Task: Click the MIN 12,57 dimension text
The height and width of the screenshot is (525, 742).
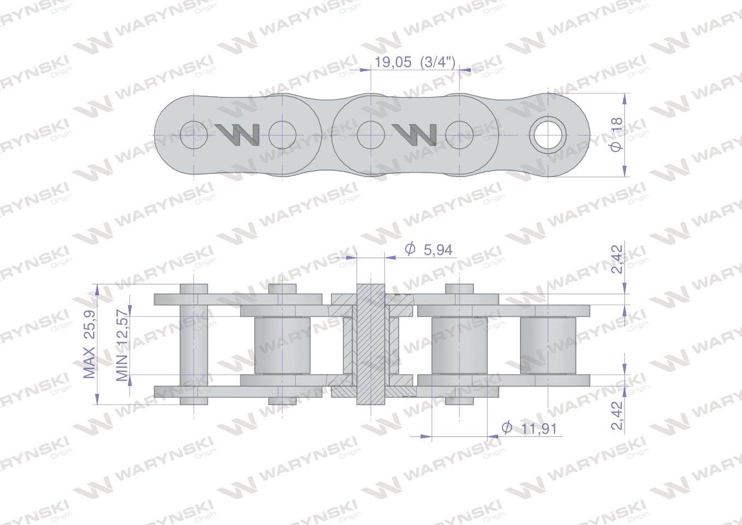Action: tap(122, 345)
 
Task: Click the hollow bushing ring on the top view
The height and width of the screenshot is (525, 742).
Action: tap(548, 135)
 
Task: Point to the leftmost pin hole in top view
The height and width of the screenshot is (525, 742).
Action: tap(194, 135)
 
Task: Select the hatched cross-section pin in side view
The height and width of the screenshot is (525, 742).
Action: tap(371, 345)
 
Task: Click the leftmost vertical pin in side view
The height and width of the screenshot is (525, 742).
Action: tap(194, 345)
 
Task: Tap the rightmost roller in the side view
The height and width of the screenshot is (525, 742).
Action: tap(548, 345)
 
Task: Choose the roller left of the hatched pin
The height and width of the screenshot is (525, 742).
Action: tap(282, 345)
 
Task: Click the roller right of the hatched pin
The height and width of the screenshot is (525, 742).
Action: tap(459, 345)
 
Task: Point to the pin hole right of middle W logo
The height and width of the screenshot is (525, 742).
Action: tap(459, 135)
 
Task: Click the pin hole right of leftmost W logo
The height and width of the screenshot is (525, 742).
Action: tap(282, 135)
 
